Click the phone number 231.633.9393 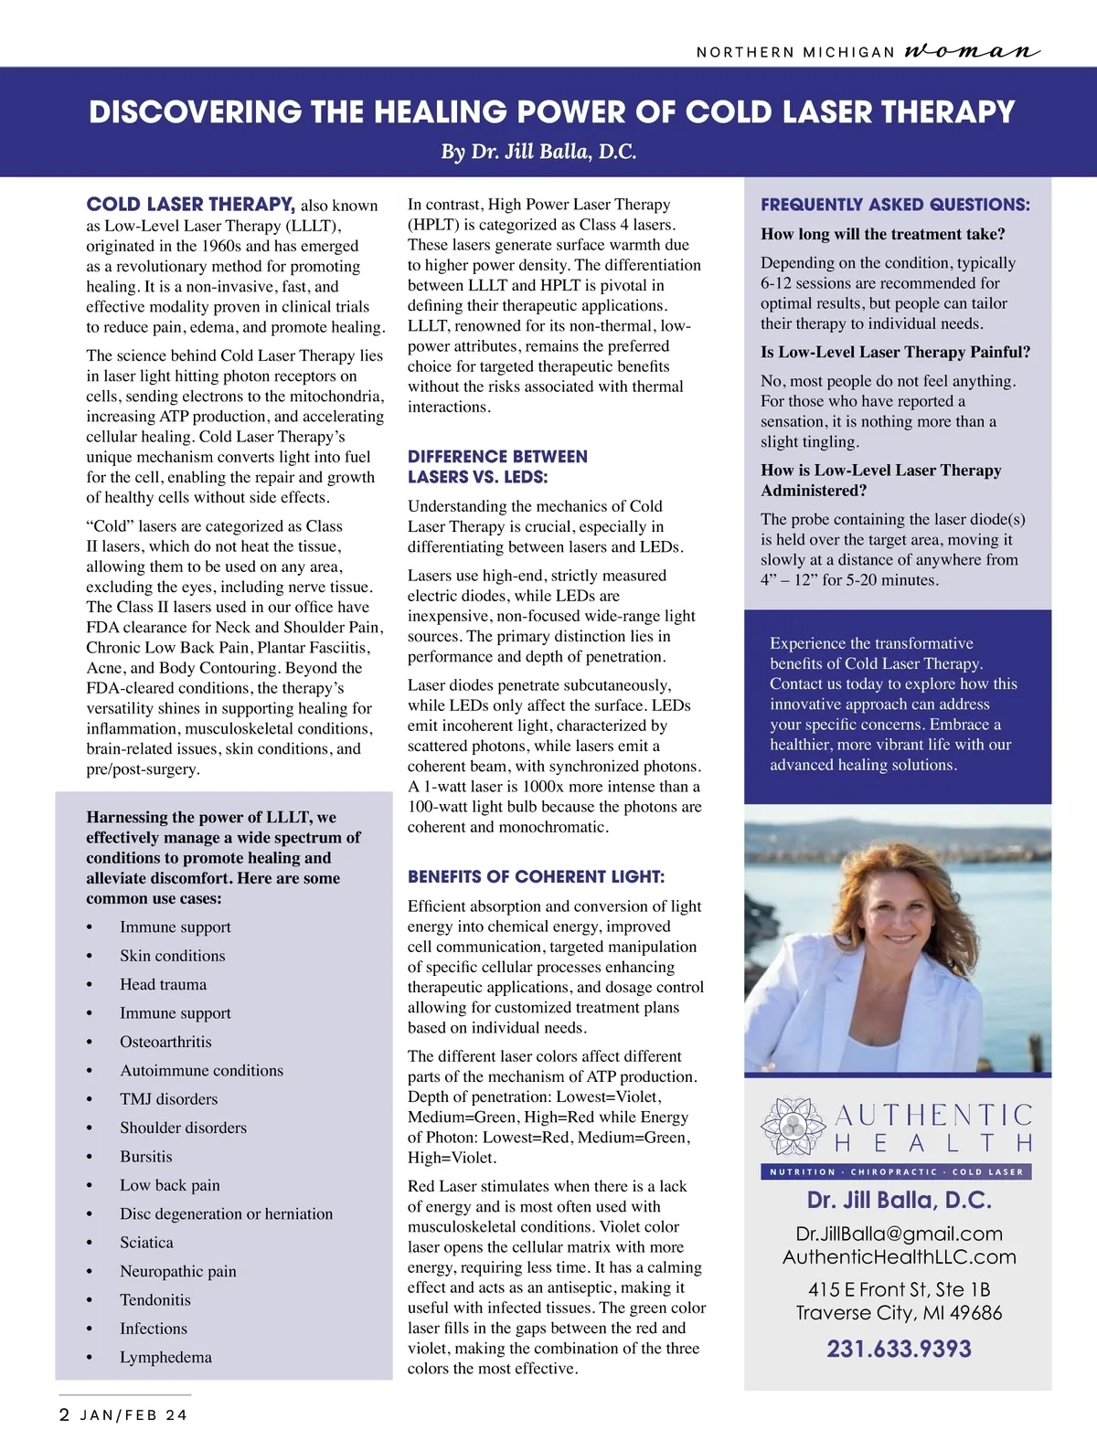[x=899, y=1349]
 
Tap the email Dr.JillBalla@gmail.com [x=899, y=1234]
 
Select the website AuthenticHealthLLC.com [x=899, y=1256]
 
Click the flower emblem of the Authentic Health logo [x=793, y=1128]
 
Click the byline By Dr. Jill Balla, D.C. [x=538, y=152]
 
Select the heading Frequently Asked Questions [x=895, y=205]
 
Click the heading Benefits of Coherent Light [x=536, y=877]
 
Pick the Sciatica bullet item [x=146, y=1243]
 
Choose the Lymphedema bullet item [x=165, y=1357]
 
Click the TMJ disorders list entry [x=168, y=1099]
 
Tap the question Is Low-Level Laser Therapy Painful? [x=895, y=352]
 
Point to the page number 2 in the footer [x=64, y=1415]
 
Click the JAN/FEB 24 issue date [x=133, y=1415]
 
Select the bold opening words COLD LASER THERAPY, [x=190, y=205]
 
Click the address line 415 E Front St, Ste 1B [x=899, y=1289]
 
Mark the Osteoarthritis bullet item [x=165, y=1042]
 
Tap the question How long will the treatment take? [x=882, y=234]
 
